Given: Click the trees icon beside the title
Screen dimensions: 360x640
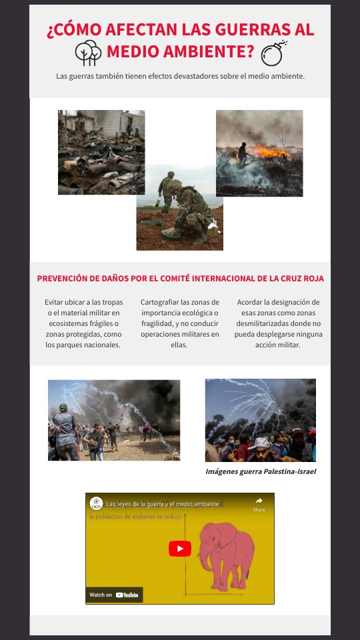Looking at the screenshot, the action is pos(88,53).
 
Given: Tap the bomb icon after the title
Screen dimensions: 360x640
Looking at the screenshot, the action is pos(273,53).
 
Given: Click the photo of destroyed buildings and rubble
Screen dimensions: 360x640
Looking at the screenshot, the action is pos(101,152).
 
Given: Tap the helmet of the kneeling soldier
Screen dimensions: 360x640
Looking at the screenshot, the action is pos(175,185).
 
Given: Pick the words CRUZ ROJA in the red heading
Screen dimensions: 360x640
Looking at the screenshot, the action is pos(300,279).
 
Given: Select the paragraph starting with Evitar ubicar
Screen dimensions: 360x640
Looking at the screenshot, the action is pos(83,323).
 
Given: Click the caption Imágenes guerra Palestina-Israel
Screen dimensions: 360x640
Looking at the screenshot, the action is pos(261,471).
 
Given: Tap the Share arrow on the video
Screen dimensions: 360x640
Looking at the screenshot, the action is pos(259,501).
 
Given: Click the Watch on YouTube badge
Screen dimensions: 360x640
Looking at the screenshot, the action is pos(114,595).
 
